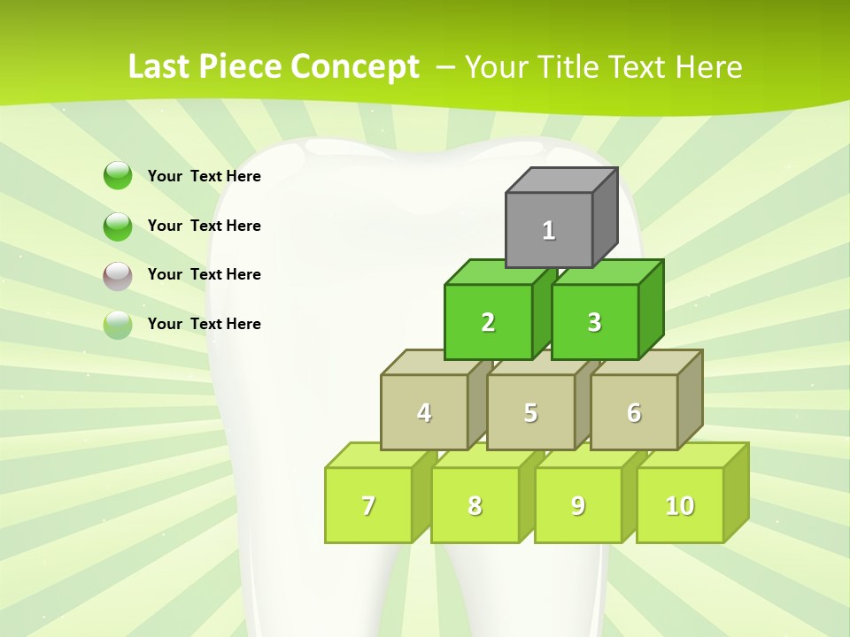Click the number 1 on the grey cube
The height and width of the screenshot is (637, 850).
pos(549,231)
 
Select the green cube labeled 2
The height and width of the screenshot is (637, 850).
pos(488,322)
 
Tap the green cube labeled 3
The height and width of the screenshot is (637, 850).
pos(594,322)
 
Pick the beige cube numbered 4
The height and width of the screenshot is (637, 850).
pos(424,412)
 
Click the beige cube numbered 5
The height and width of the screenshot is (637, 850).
pos(530,412)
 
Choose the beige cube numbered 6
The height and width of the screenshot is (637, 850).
pos(634,412)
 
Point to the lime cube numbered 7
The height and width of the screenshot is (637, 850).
pos(368,505)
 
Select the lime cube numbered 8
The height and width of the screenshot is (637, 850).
pos(475,505)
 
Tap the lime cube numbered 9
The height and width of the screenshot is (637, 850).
pos(578,505)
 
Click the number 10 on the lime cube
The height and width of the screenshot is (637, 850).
pos(680,505)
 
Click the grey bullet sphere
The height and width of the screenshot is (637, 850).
pos(118,276)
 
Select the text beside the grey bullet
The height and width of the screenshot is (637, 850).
pos(205,274)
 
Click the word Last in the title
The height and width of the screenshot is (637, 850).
pos(159,67)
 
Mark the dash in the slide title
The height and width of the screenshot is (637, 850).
pos(447,67)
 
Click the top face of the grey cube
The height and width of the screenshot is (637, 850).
pos(561,180)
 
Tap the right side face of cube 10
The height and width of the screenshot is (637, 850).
pos(736,492)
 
